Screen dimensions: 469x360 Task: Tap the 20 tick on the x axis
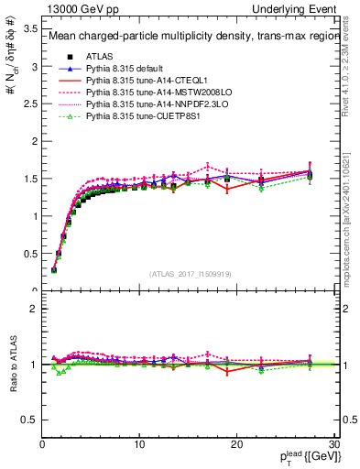pos(236,444)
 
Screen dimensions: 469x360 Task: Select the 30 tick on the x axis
pos(333,444)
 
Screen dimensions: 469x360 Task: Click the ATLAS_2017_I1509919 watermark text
pos(191,274)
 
